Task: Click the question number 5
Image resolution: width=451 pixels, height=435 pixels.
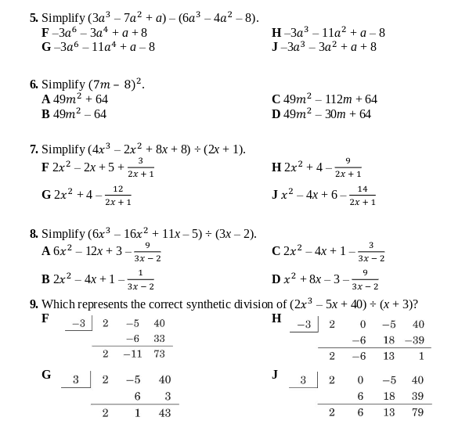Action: point(34,17)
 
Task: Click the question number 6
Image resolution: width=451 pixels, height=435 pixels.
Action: point(34,84)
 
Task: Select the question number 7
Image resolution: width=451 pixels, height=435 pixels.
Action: point(34,149)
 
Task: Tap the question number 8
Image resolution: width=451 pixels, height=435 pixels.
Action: point(34,234)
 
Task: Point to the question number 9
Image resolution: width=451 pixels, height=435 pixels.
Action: point(34,304)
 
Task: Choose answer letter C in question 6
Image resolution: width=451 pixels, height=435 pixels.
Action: point(276,99)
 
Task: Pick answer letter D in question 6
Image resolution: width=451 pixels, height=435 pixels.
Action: point(276,114)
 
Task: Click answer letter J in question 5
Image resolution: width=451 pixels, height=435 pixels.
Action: point(276,47)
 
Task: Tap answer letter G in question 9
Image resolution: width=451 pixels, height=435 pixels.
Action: point(46,375)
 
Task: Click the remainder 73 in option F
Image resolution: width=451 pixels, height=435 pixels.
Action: point(160,354)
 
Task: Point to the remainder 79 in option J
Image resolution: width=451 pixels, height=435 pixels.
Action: point(417,412)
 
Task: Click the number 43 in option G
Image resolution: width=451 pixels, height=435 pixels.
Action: point(164,412)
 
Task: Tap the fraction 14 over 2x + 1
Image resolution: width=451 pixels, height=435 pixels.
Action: point(363,195)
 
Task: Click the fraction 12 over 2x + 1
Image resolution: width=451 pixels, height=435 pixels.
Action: point(117,195)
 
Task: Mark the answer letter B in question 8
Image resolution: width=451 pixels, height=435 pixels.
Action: point(46,279)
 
